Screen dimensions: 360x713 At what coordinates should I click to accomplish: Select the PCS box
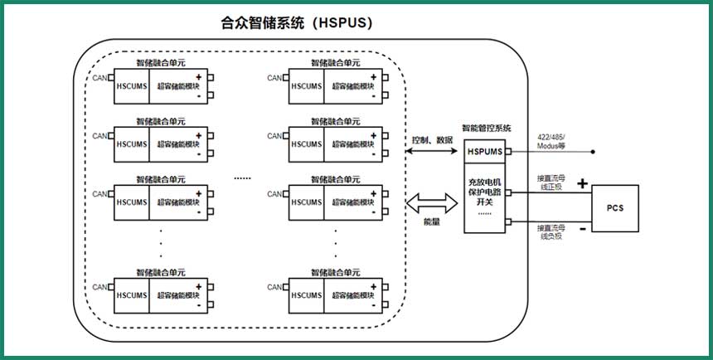[614, 207]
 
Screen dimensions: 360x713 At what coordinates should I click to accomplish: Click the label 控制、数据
[433, 139]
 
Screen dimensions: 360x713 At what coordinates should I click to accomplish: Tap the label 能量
[433, 223]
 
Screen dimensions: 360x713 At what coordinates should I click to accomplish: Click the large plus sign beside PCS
[582, 182]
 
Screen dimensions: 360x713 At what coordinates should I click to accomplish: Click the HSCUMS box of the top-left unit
[131, 85]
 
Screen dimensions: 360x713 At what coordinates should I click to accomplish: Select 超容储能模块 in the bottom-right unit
[352, 294]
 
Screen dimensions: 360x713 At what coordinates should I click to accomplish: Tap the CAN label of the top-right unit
[274, 78]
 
